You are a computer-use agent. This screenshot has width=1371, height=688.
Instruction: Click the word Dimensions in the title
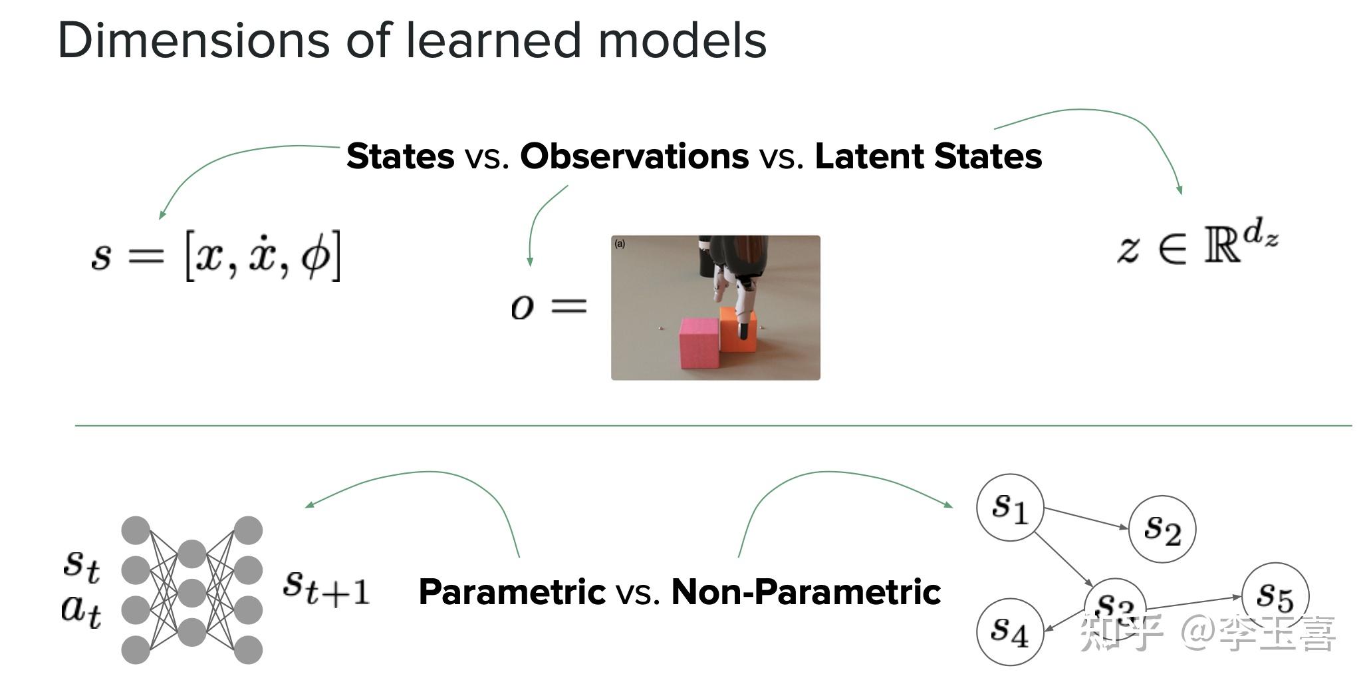click(x=193, y=41)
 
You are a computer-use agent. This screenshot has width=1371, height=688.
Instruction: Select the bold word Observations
click(x=634, y=157)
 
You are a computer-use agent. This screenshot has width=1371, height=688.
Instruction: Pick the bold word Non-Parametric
click(x=806, y=592)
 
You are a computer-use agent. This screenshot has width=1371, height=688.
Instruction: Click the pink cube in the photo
click(x=699, y=343)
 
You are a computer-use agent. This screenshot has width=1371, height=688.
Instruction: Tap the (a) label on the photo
click(x=620, y=244)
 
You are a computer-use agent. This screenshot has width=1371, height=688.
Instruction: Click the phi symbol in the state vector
click(x=315, y=257)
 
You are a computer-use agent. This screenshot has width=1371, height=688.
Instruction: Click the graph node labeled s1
click(x=1010, y=508)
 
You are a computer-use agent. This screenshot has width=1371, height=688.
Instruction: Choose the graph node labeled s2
click(x=1162, y=529)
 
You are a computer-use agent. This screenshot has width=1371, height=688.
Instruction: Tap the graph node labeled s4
click(x=1009, y=630)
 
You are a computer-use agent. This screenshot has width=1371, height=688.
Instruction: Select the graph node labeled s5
click(x=1275, y=596)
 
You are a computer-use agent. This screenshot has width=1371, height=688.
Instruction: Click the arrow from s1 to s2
click(x=1086, y=518)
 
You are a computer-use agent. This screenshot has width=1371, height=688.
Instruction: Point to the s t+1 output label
click(x=326, y=587)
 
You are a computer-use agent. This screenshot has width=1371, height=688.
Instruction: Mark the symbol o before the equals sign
click(x=523, y=307)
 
